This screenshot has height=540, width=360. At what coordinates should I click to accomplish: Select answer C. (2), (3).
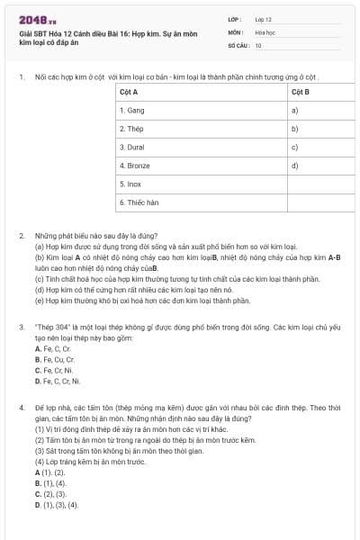pyautogui.click(x=49, y=494)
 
